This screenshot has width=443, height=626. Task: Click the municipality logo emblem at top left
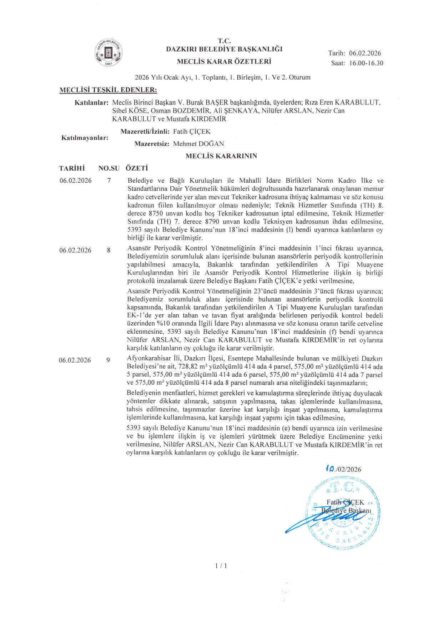(x=109, y=53)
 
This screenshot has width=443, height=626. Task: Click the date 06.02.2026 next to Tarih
(x=365, y=54)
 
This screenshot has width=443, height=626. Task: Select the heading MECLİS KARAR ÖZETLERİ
(x=224, y=61)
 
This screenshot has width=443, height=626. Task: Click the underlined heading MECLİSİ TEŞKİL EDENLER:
(x=108, y=90)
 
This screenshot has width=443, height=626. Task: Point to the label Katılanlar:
(x=91, y=103)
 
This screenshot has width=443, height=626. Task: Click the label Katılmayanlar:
(x=85, y=138)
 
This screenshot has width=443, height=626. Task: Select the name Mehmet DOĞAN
(x=198, y=144)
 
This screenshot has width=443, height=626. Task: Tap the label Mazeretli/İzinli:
(x=145, y=132)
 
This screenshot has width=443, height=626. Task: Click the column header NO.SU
(x=109, y=168)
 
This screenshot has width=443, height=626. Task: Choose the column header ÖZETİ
(x=137, y=168)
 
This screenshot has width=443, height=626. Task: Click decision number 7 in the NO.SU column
(x=109, y=181)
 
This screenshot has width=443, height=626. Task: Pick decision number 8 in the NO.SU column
(x=109, y=250)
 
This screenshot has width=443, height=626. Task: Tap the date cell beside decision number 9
(x=75, y=360)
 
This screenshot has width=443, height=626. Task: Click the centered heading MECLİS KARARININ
(x=221, y=156)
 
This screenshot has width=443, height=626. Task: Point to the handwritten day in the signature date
(x=330, y=469)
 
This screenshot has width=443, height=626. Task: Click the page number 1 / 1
(x=221, y=566)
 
